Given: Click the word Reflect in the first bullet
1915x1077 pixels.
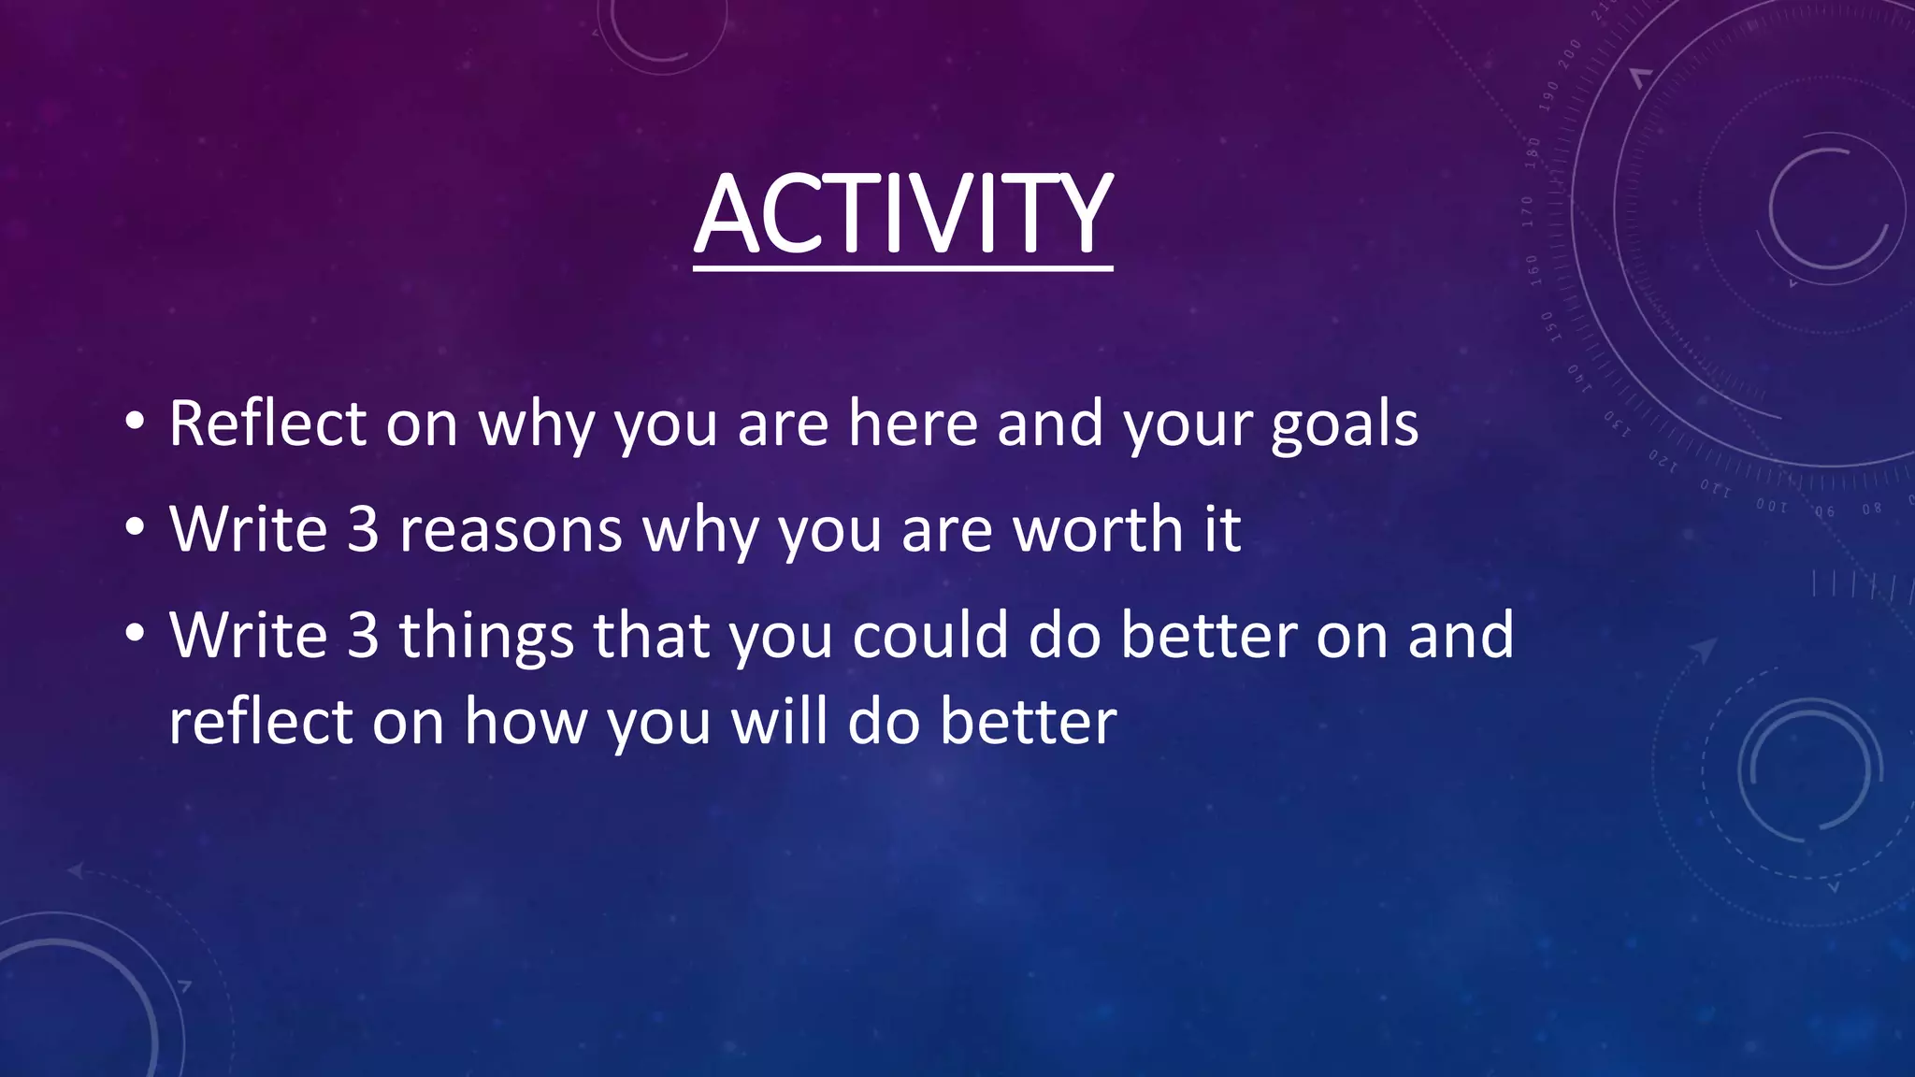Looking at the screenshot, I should [267, 424].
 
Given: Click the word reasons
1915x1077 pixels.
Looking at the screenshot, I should [511, 530].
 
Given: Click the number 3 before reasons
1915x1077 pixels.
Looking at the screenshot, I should [363, 529].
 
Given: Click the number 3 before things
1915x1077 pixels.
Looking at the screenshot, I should [363, 635].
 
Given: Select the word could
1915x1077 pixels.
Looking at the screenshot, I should [930, 635].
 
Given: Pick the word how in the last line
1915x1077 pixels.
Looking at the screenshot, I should [526, 722].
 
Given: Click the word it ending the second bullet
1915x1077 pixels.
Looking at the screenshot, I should [1221, 529].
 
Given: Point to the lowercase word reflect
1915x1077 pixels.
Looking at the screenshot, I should [261, 722].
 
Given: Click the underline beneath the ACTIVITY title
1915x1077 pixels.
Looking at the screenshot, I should [903, 268].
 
